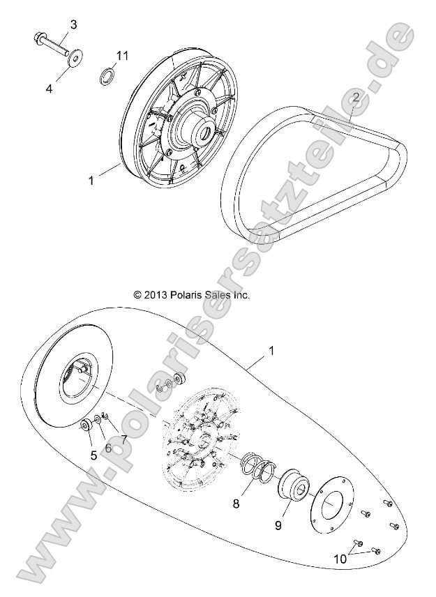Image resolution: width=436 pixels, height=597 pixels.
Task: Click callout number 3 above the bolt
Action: tap(73, 25)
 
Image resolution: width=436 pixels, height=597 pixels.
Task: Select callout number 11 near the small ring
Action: tap(123, 54)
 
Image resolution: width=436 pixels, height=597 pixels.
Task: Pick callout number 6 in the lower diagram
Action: tap(107, 448)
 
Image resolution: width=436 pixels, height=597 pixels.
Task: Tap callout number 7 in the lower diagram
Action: tap(123, 439)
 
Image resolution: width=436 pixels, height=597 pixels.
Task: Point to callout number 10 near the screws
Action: tap(340, 559)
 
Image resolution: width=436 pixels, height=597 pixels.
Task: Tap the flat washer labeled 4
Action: tap(73, 57)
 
